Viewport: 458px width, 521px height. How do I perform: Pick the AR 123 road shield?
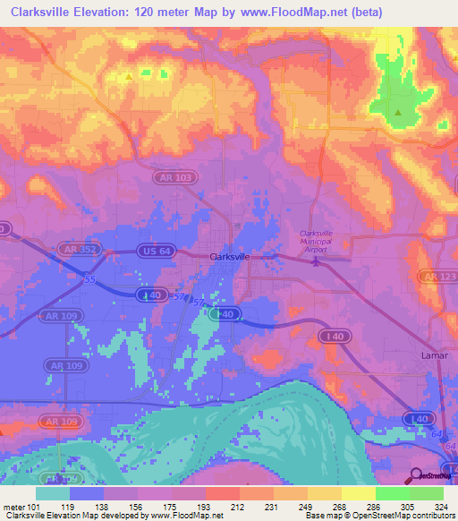(x=437, y=278)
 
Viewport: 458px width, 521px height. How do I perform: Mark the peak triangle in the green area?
(x=398, y=113)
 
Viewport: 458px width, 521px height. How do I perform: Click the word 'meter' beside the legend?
(x=13, y=506)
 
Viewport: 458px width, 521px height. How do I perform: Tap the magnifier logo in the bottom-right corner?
(x=415, y=476)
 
